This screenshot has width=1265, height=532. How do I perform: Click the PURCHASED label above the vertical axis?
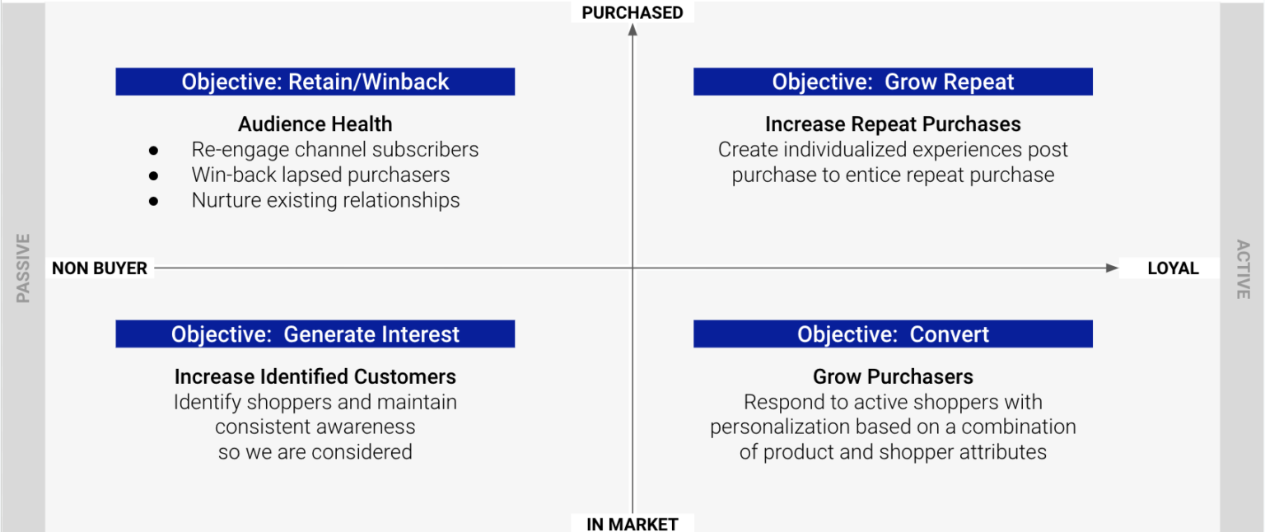point(632,12)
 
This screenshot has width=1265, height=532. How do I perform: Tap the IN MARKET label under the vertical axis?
point(632,524)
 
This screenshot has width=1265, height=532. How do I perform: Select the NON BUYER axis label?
point(100,268)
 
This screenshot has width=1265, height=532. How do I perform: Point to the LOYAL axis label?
point(1173,268)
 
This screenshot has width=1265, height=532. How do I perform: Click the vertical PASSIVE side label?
point(23,268)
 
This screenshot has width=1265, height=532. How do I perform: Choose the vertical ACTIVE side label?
point(1243,268)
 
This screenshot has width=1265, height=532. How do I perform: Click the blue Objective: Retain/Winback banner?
point(315,82)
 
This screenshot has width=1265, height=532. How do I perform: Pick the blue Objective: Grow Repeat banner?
point(893,82)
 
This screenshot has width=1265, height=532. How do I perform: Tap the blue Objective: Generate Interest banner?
point(315,334)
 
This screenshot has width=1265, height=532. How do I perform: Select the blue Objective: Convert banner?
point(893,334)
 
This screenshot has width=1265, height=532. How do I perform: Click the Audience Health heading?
point(315,124)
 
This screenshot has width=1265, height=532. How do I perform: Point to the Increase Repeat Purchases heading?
point(893,124)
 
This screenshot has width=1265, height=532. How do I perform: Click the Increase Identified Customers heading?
point(315,376)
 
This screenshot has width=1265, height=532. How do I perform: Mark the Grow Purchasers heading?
point(893,376)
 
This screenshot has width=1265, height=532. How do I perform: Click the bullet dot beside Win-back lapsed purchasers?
point(153,175)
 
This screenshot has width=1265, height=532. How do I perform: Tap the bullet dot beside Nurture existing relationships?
point(153,201)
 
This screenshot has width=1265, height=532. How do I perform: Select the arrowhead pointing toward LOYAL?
point(1112,268)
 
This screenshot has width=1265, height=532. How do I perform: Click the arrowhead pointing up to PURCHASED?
point(632,30)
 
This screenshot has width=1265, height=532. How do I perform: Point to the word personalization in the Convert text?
point(769,427)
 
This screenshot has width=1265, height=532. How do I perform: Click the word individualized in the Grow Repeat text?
point(850,150)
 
